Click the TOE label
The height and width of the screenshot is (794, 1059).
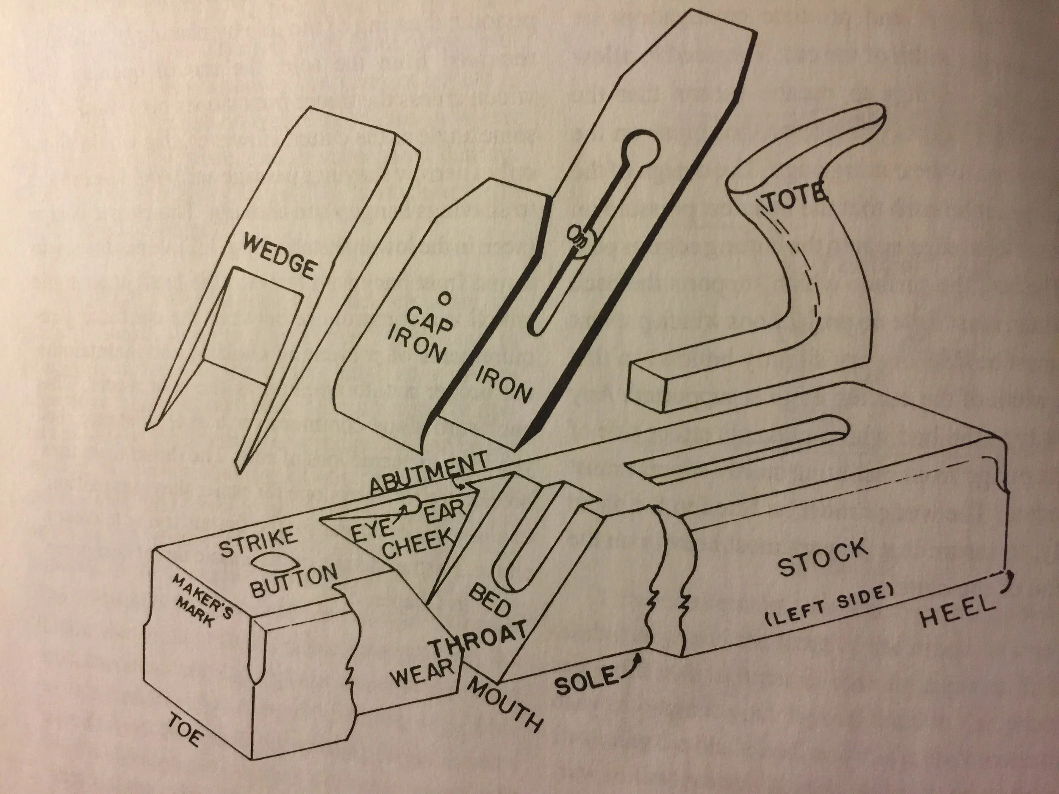183,735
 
